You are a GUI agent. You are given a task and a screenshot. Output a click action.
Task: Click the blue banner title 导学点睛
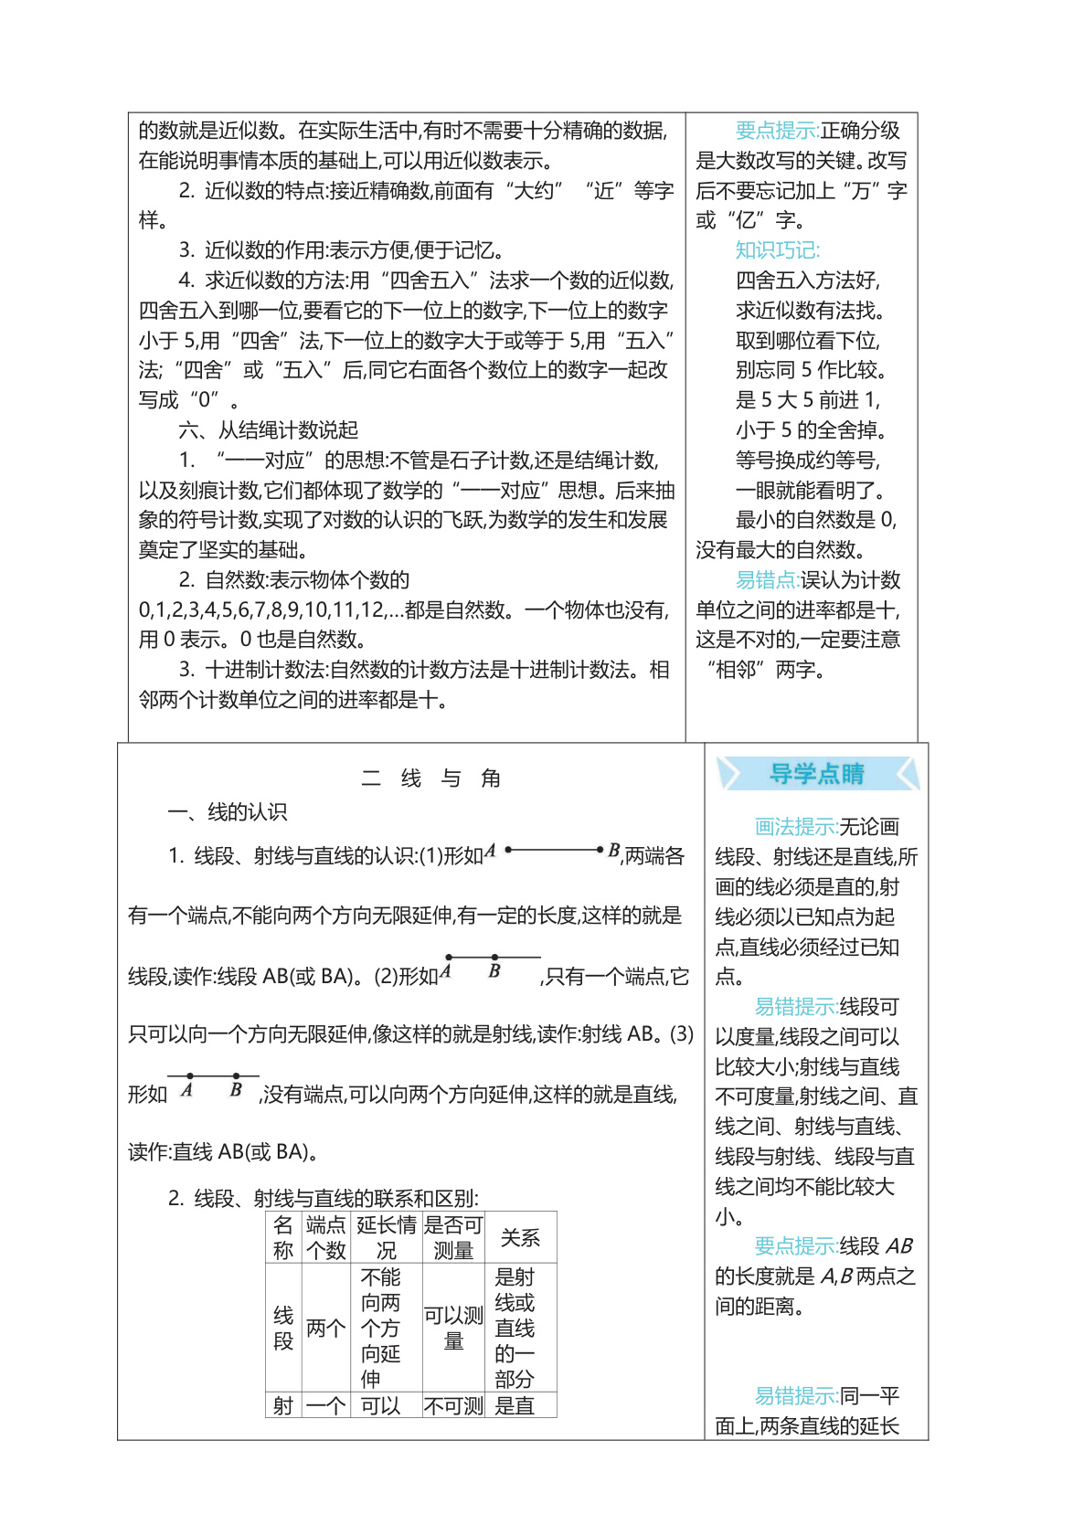click(816, 774)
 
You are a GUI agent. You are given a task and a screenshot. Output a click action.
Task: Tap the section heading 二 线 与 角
click(430, 778)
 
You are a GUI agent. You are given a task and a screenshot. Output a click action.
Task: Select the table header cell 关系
click(520, 1238)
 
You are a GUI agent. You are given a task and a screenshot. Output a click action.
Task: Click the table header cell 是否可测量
click(453, 1238)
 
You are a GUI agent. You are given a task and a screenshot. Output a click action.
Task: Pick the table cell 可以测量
click(453, 1328)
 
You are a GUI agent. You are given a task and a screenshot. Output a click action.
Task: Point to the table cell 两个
click(325, 1328)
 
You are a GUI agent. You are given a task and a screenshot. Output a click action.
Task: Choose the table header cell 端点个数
click(325, 1238)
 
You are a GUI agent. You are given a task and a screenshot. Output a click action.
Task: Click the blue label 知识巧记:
click(778, 250)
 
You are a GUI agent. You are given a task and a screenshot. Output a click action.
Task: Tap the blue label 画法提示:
click(796, 827)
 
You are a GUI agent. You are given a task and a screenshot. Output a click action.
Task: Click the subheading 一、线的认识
click(228, 811)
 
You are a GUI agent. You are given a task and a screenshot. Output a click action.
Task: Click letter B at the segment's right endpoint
click(614, 851)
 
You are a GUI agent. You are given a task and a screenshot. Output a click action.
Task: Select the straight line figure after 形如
click(213, 1076)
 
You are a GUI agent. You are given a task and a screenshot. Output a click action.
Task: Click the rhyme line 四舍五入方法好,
click(808, 281)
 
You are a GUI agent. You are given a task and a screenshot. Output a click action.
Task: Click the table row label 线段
click(283, 1328)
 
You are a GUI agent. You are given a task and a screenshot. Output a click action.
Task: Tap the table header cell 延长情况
click(387, 1238)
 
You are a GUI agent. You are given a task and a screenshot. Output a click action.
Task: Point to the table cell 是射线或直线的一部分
click(515, 1328)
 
